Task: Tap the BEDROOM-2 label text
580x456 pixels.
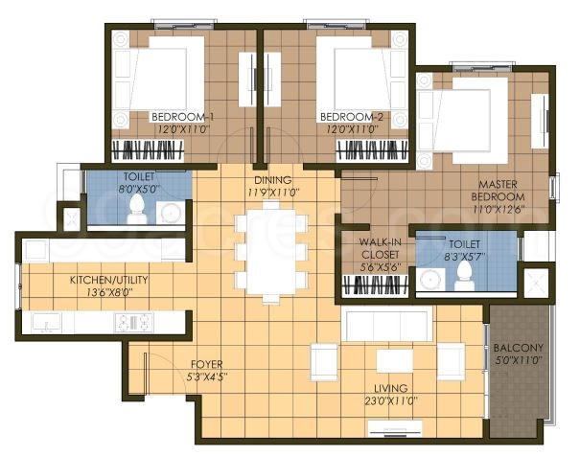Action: tap(352, 117)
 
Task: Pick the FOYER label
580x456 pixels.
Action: tap(208, 364)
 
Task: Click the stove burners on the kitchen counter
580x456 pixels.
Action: tap(133, 323)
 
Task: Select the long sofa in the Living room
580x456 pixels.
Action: tap(388, 326)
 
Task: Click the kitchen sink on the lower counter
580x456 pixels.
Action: tap(47, 323)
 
